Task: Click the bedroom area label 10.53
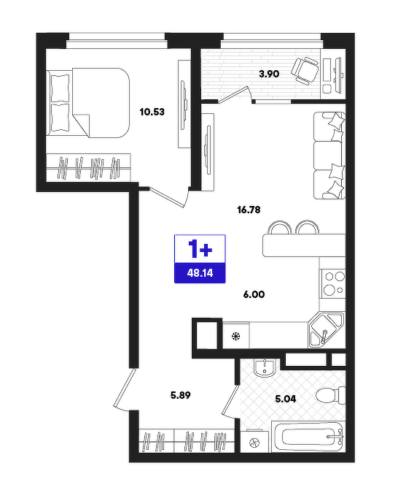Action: click(x=152, y=112)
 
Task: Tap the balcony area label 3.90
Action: click(x=269, y=74)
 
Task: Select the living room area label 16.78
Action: click(x=249, y=210)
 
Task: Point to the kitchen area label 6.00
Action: click(x=254, y=294)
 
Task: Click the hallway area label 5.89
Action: click(x=181, y=396)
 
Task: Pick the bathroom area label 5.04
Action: click(x=286, y=399)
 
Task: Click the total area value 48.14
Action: click(x=200, y=273)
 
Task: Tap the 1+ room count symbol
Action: click(x=200, y=249)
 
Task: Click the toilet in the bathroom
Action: click(x=331, y=396)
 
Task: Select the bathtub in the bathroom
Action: click(x=308, y=437)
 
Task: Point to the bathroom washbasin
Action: click(x=265, y=367)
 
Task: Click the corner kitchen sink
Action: click(x=326, y=330)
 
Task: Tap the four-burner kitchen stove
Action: click(x=332, y=283)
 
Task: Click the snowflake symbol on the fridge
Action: click(x=235, y=336)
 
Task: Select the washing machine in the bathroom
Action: click(x=255, y=442)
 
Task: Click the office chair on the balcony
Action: click(x=305, y=71)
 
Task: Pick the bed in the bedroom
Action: click(x=88, y=102)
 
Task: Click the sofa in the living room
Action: click(x=329, y=156)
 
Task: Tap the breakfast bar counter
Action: click(x=304, y=245)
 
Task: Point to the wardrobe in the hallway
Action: click(x=187, y=440)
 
